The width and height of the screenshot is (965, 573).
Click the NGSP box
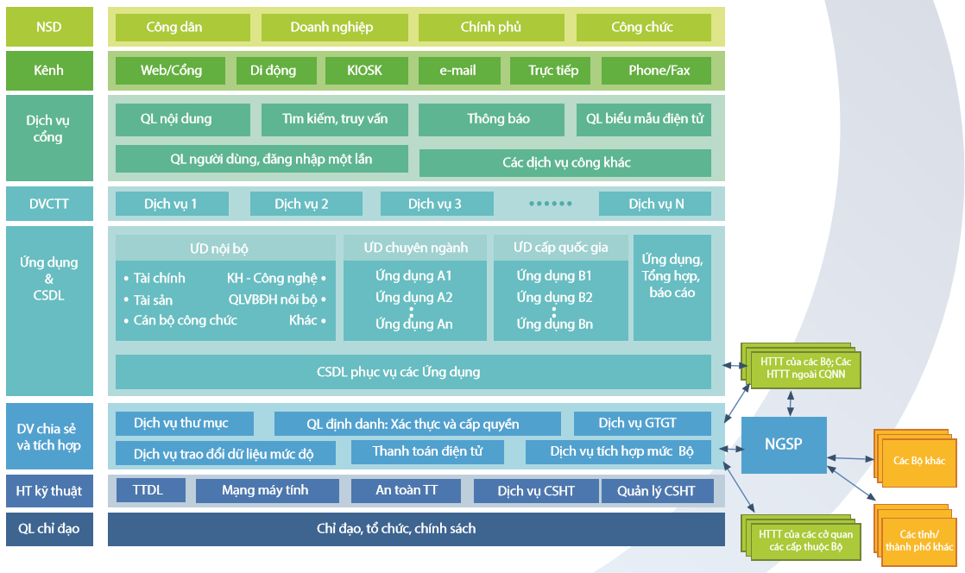point(783,444)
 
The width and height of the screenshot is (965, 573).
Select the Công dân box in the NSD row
point(174,28)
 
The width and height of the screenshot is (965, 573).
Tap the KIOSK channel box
point(365,71)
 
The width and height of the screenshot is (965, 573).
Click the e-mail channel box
point(457,71)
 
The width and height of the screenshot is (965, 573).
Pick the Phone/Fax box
point(659,71)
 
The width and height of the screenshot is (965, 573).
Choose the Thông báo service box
point(498,119)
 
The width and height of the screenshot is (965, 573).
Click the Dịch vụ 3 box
point(437,205)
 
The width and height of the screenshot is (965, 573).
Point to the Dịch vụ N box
point(655,205)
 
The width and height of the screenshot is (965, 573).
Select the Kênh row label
point(49,71)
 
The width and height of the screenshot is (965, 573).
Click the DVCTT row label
point(49,205)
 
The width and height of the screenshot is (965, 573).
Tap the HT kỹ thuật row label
point(49,491)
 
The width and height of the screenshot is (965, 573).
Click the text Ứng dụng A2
point(413,298)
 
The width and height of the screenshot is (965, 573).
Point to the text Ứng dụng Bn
point(554,324)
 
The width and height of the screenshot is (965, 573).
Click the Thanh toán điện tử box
point(426,451)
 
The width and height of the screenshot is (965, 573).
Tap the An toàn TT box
point(407,491)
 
